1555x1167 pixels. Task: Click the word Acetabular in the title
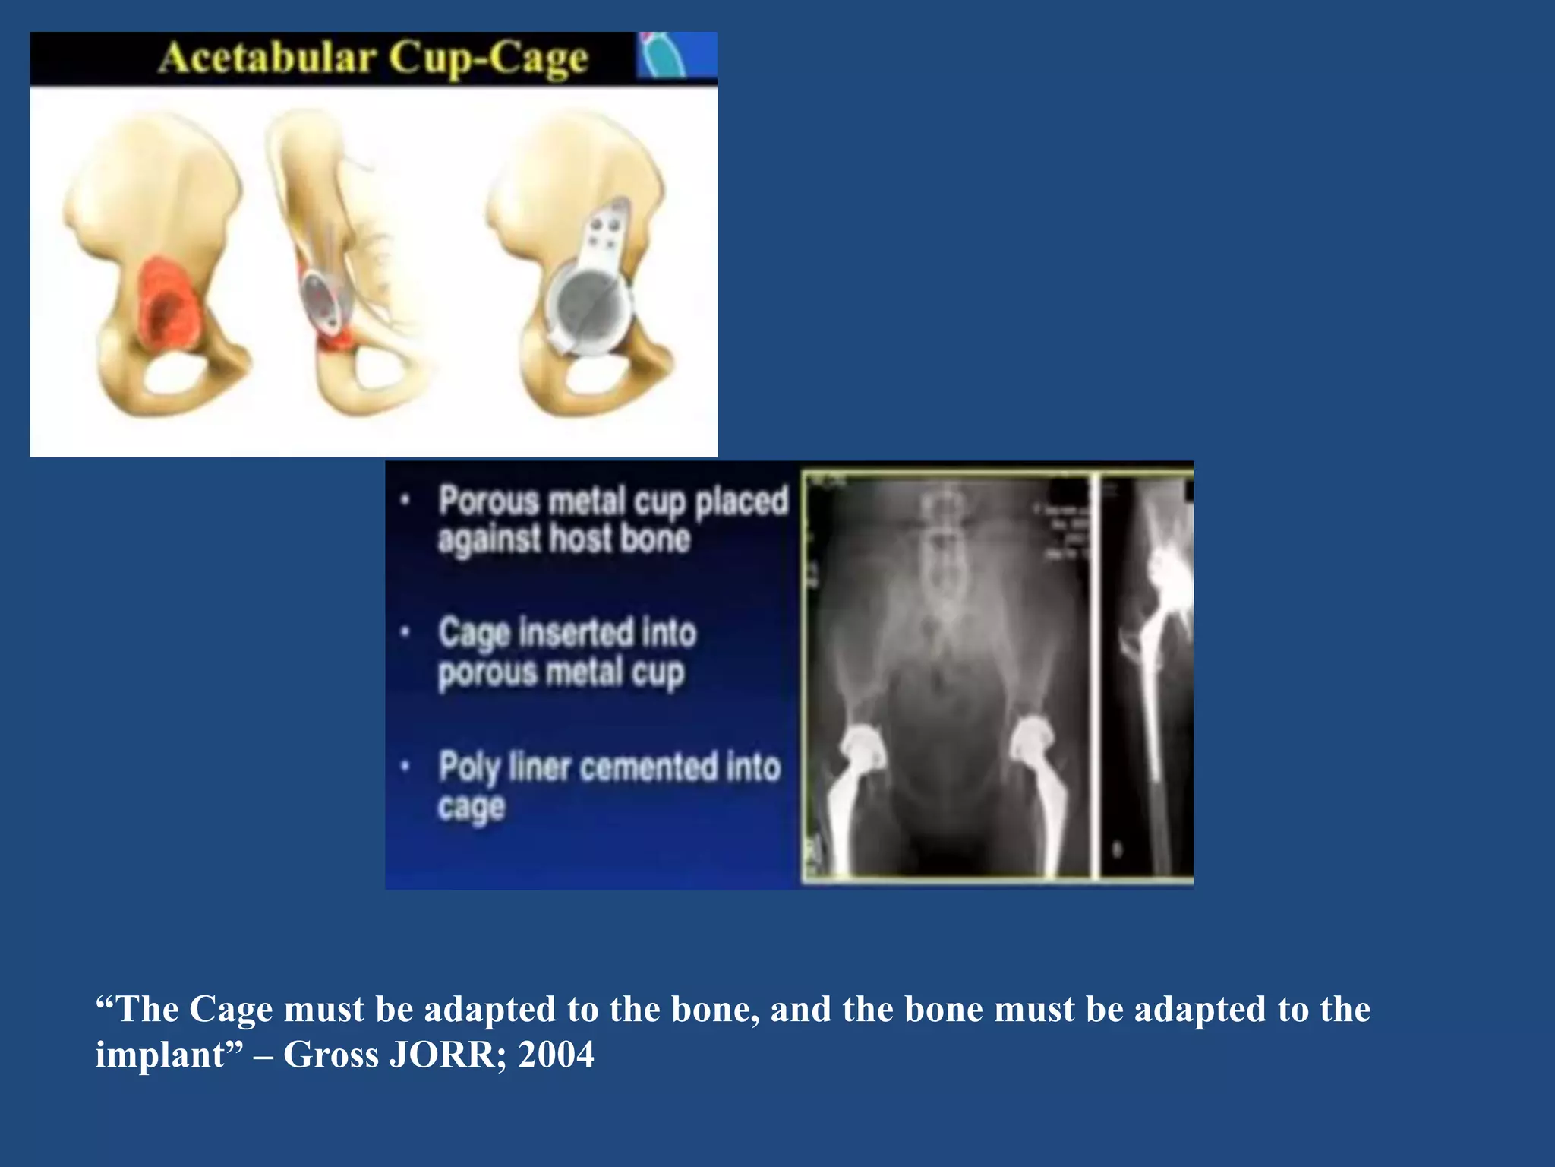[268, 59]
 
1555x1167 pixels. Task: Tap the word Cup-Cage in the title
[489, 59]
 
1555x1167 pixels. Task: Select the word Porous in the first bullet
[489, 501]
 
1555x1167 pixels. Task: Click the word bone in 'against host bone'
[654, 539]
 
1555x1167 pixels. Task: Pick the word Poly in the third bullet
[469, 767]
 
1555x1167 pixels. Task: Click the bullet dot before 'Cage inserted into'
[406, 631]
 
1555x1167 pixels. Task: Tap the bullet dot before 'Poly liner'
[406, 766]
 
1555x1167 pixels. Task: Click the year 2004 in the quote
[556, 1055]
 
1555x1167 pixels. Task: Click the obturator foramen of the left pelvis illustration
[175, 374]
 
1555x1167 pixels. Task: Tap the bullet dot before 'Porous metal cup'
[406, 500]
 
